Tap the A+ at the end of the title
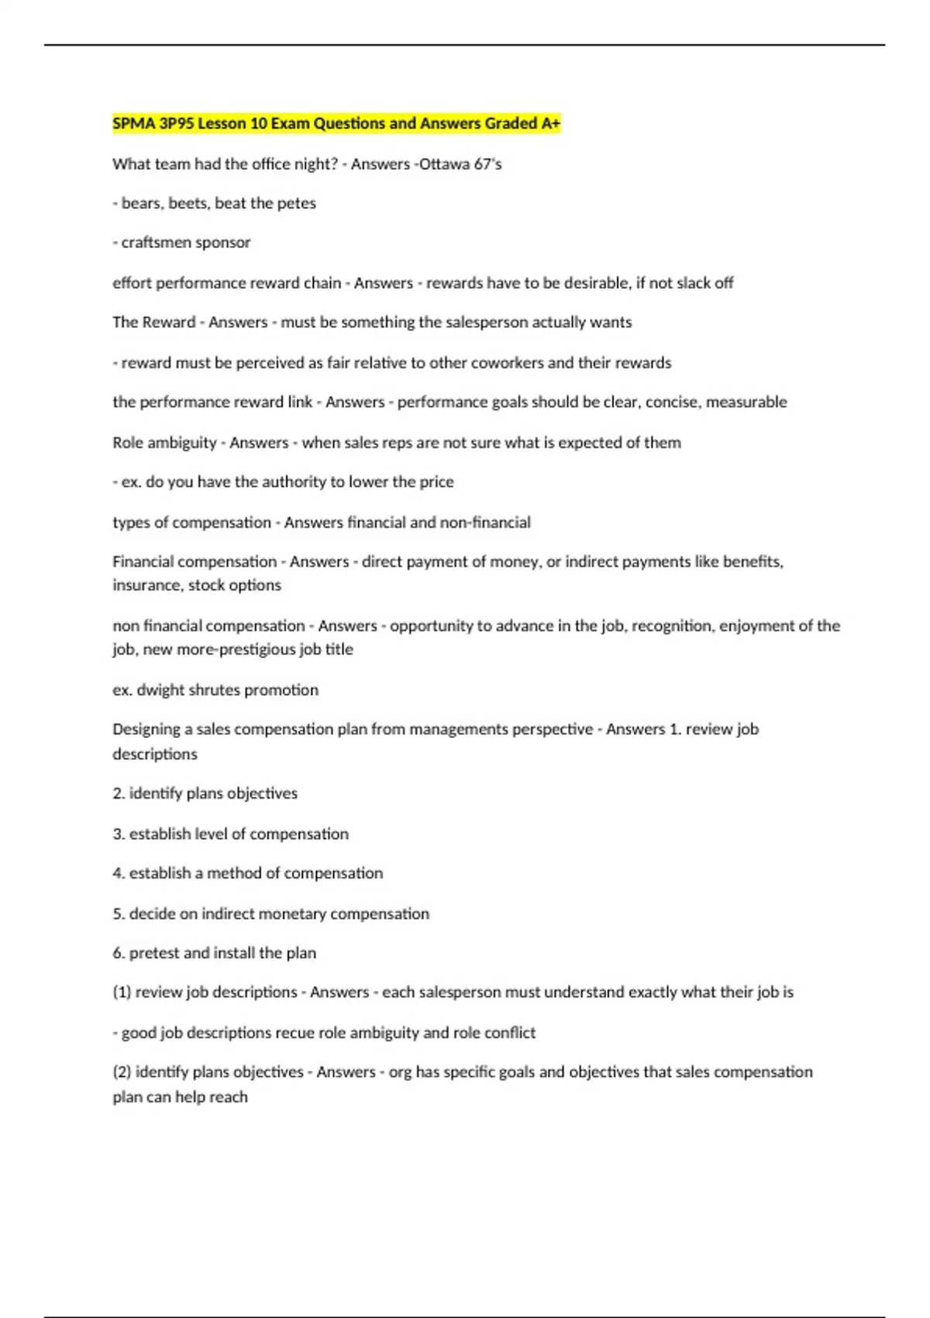click(550, 123)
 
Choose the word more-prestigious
click(226, 650)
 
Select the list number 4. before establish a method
click(119, 874)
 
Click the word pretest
click(153, 954)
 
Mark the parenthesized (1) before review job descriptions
click(122, 992)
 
